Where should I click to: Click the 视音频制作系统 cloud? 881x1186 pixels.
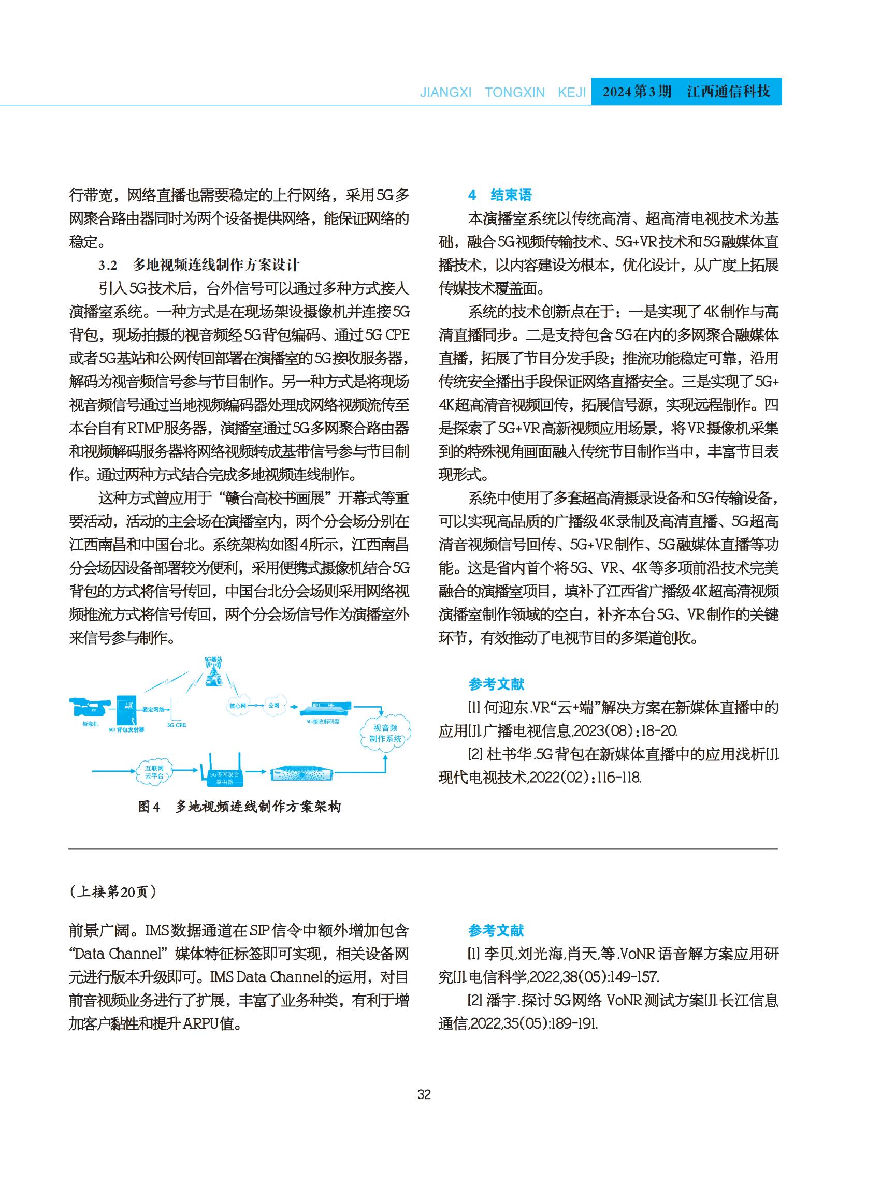coord(385,733)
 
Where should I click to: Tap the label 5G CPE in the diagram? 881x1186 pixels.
coord(177,725)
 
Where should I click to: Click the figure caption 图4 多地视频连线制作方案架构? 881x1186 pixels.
coord(239,807)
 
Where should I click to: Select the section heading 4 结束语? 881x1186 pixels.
coord(500,195)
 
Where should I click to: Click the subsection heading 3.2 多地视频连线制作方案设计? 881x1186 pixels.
coord(199,265)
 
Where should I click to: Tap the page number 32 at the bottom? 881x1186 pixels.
coord(424,1095)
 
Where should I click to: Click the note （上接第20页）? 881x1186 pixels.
coord(113,892)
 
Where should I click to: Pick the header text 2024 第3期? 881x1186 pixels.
coord(637,92)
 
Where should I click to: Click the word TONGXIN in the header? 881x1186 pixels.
coord(515,93)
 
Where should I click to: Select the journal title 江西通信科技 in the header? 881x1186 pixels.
coord(729,92)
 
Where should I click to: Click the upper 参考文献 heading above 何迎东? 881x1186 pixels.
coord(496,684)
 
